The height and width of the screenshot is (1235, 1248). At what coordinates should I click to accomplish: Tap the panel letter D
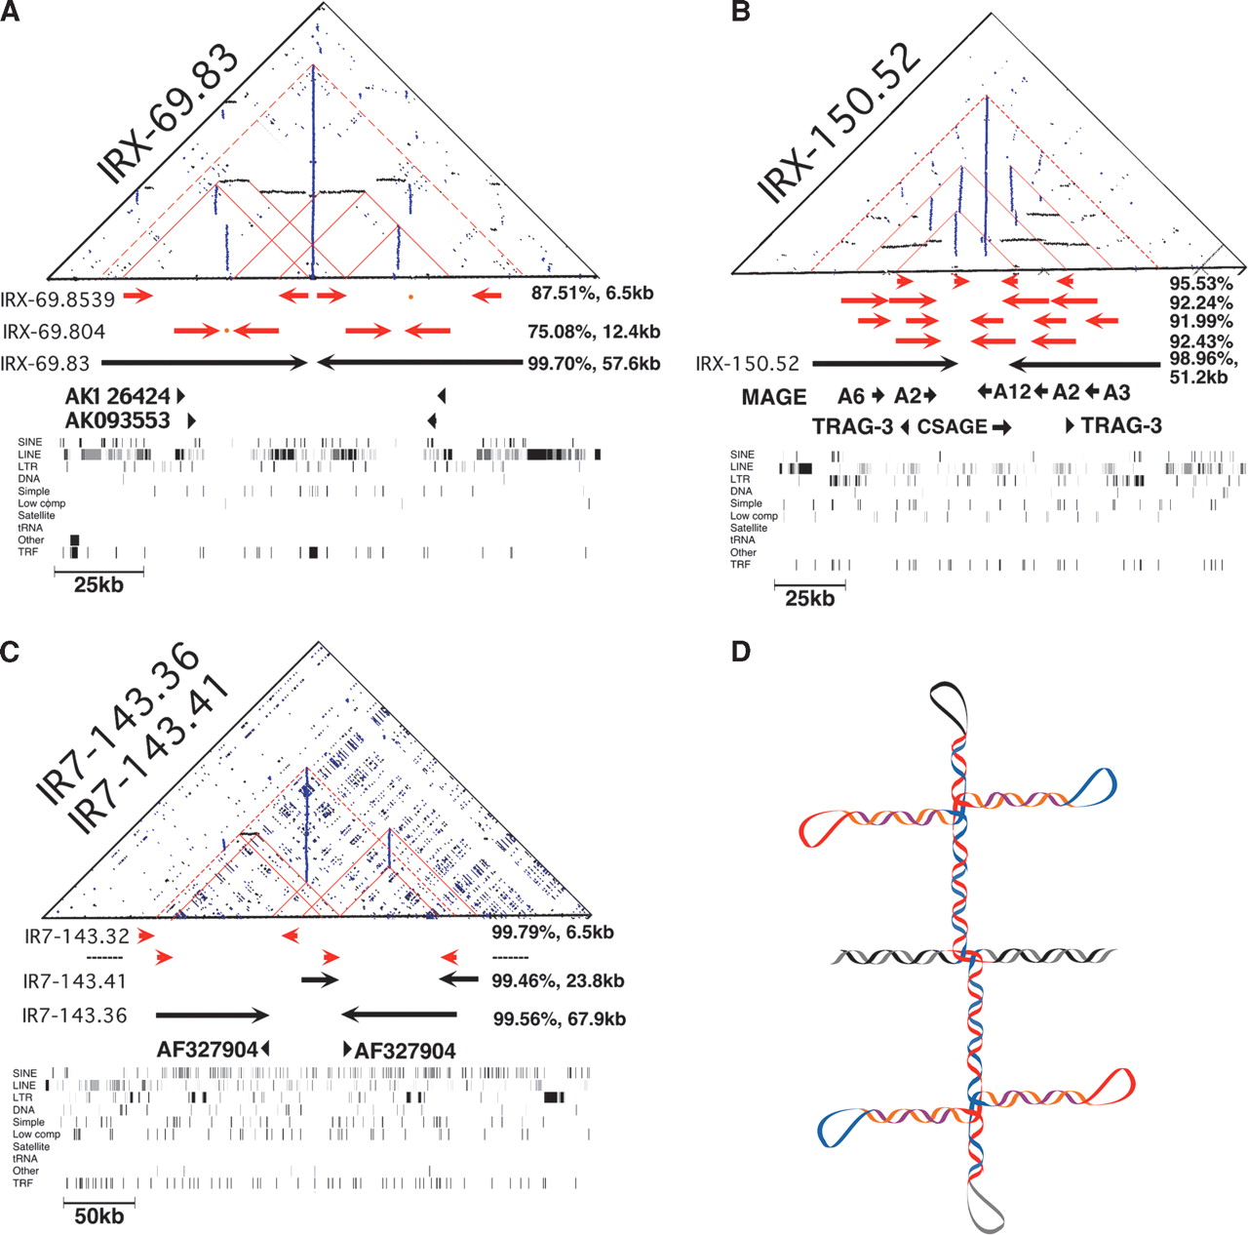click(741, 651)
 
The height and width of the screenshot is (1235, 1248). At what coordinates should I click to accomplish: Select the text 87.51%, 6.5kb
click(592, 293)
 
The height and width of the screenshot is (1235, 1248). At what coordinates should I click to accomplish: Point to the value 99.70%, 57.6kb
click(594, 363)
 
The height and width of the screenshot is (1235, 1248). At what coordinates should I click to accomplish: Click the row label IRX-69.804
click(54, 332)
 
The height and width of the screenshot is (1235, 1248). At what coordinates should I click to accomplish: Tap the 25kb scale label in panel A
click(98, 584)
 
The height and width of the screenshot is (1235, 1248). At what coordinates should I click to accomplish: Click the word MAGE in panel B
click(774, 397)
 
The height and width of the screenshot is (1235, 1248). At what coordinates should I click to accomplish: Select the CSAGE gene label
click(953, 426)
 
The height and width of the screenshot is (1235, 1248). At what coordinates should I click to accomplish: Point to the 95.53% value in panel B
click(1201, 283)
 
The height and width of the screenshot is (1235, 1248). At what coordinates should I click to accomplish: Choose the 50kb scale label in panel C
click(99, 1215)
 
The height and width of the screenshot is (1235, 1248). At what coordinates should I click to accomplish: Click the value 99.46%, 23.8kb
click(558, 980)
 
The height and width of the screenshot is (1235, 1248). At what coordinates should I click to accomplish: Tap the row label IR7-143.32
click(77, 936)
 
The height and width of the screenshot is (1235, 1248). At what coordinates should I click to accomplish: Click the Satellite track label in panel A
click(36, 515)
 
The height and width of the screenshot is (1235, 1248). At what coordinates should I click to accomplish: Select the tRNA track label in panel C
click(25, 1159)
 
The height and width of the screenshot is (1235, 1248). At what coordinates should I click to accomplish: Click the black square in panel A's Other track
click(74, 539)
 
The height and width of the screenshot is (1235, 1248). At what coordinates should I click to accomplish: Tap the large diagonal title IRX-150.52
click(839, 123)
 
